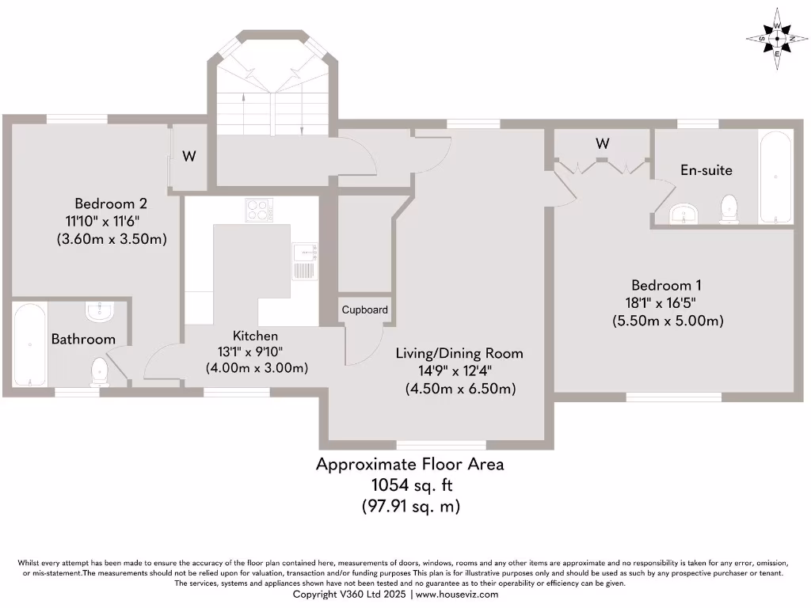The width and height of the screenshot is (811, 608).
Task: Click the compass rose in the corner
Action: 775,37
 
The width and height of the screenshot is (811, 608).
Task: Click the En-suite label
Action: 706,169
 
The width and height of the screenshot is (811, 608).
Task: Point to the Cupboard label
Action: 365,310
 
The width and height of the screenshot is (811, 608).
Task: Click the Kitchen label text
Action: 255,336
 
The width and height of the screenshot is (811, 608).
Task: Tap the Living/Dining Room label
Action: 459,353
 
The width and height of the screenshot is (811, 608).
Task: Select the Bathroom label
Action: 83,339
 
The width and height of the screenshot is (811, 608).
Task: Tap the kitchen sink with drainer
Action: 304,261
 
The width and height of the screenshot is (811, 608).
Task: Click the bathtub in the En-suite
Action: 775,177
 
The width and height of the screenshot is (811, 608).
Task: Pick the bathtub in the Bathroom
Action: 30,345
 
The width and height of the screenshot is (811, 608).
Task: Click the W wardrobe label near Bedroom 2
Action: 188,156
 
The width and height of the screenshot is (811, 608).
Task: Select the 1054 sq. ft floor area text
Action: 409,484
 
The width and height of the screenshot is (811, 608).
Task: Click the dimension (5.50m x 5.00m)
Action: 668,321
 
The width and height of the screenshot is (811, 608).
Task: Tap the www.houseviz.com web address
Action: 457,594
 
